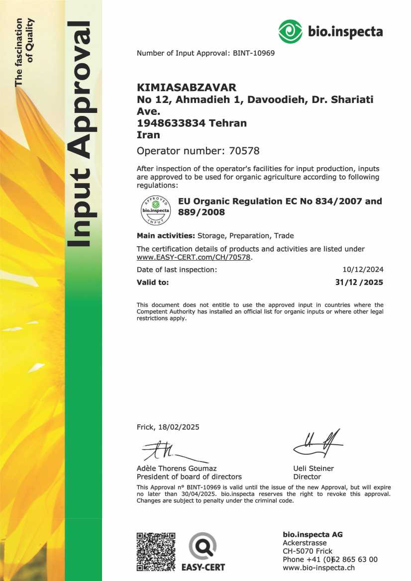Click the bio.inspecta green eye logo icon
pos(291,32)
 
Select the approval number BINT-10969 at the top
pos(253,53)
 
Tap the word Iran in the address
pos(148,134)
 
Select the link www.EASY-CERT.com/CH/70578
pos(195,257)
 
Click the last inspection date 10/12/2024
pos(363,270)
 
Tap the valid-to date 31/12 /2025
pos(359,283)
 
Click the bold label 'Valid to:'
pos(153,283)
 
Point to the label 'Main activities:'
pos(166,235)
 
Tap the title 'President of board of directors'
pos(189,477)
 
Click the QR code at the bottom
pos(156,551)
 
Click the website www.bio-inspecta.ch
pos(318,568)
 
